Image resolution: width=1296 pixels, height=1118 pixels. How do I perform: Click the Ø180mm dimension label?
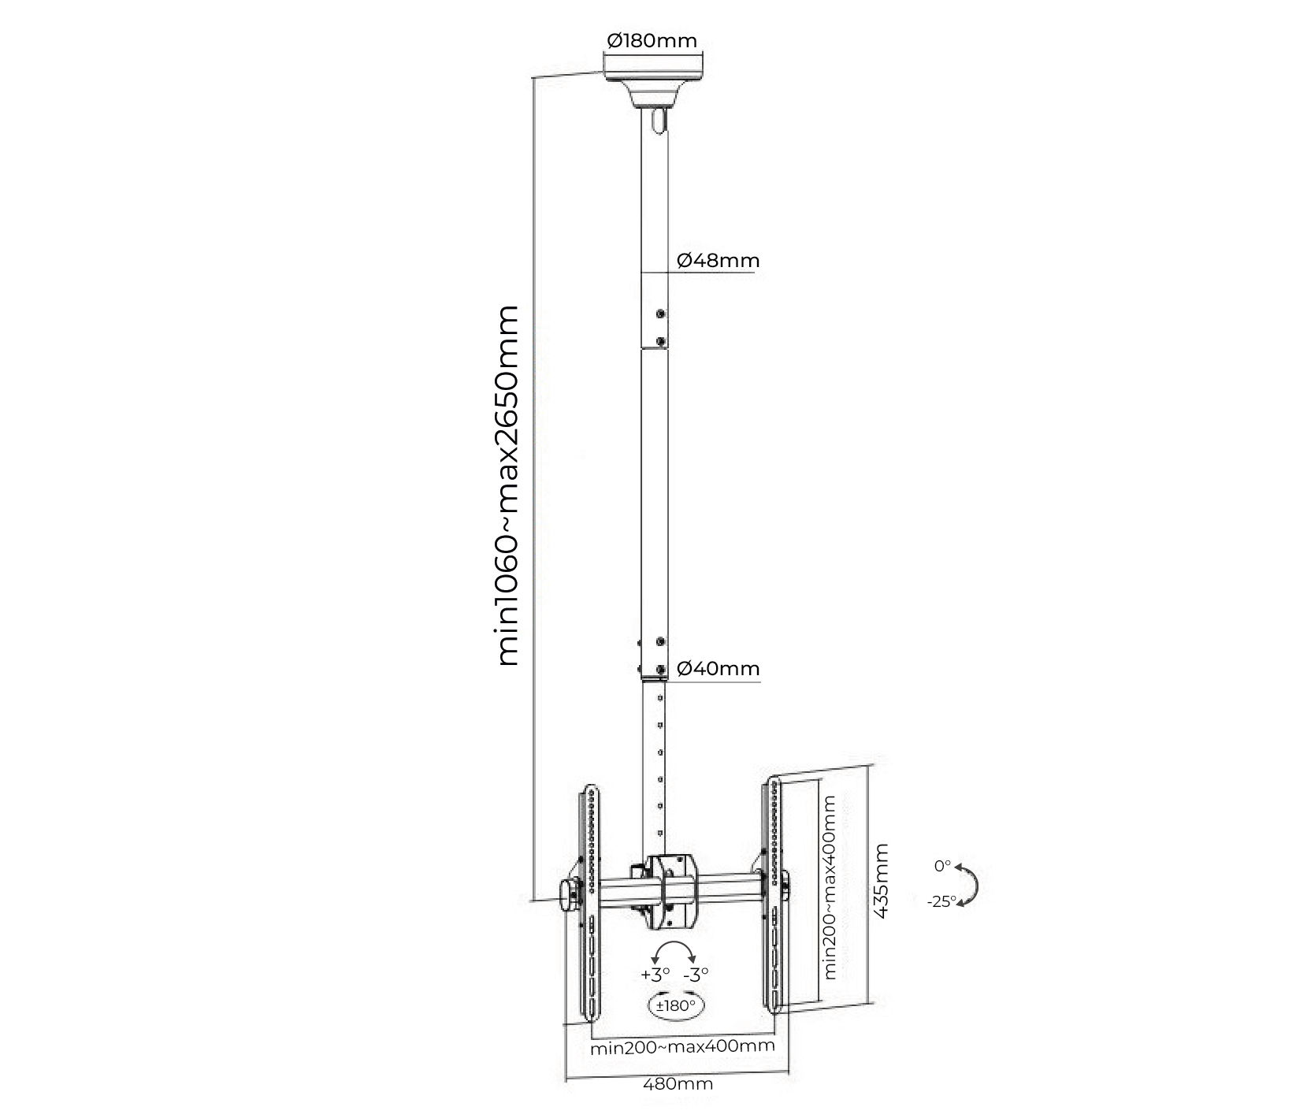coord(652,40)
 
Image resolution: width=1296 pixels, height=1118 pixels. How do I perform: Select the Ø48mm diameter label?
coord(718,261)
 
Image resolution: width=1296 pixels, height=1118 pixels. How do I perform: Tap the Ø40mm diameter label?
coord(718,669)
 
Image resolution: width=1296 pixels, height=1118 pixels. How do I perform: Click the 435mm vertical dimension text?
coord(882,880)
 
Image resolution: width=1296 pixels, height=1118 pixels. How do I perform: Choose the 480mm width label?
coord(678,1083)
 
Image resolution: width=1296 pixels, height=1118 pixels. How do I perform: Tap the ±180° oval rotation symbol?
coord(675,1006)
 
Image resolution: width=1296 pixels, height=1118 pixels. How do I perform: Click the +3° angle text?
coord(655,974)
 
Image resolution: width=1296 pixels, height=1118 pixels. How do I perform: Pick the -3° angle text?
coord(696,974)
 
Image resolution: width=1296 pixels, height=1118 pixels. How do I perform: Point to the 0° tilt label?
coord(942,866)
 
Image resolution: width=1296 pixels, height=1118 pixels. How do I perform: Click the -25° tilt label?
coord(941,901)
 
